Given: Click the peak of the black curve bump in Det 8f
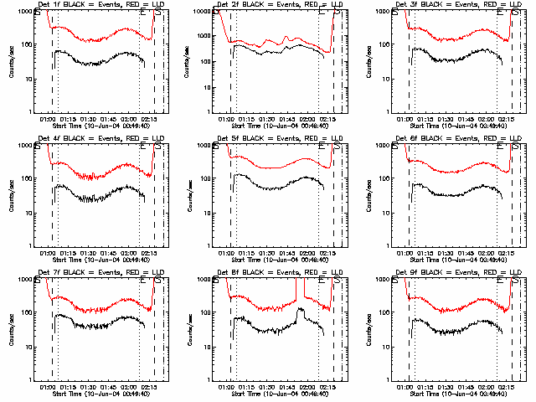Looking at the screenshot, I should tap(300, 310).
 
